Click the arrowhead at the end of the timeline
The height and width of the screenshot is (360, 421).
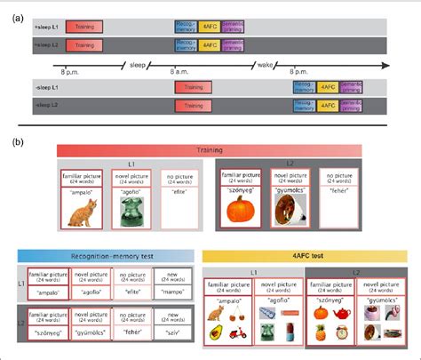pyautogui.click(x=385, y=65)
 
